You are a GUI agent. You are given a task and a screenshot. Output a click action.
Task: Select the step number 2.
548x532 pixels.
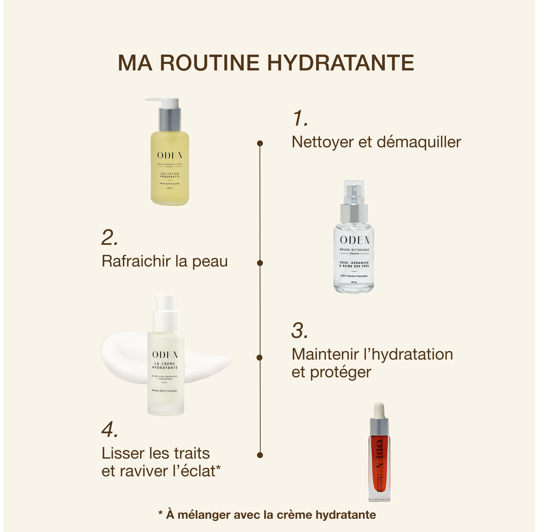[x=109, y=238]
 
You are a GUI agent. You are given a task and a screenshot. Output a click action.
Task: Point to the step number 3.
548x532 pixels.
[x=300, y=331]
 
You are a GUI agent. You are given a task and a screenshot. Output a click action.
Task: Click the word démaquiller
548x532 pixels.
[x=419, y=142]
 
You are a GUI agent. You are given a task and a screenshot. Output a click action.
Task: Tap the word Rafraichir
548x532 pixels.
[x=136, y=261]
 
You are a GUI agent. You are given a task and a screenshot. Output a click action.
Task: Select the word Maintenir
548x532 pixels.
[x=325, y=354]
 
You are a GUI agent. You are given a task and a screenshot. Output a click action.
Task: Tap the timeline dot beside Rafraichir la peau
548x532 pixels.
[x=260, y=263]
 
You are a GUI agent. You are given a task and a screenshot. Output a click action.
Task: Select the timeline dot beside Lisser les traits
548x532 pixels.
[x=260, y=455]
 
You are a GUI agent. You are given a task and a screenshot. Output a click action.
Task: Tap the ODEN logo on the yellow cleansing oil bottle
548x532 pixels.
[x=170, y=155]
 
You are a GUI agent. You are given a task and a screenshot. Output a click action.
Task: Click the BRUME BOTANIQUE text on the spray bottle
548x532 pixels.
[x=354, y=250]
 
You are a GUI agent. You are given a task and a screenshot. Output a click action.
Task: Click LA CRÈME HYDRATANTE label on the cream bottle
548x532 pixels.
[x=165, y=366]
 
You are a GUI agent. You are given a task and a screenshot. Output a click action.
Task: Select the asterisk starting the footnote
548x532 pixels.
[x=160, y=513]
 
